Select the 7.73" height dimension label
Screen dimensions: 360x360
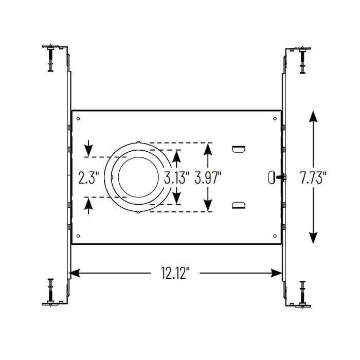[313, 178]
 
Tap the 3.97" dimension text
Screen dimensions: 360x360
[208, 178]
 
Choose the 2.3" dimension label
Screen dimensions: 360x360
[88, 178]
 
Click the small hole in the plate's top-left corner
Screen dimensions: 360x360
[78, 119]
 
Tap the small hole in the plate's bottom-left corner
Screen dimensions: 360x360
[78, 236]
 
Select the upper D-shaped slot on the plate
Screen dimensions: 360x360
[238, 149]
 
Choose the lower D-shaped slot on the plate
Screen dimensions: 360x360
[238, 206]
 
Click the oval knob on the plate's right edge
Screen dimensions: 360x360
[272, 177]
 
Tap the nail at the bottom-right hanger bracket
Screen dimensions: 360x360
[302, 294]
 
